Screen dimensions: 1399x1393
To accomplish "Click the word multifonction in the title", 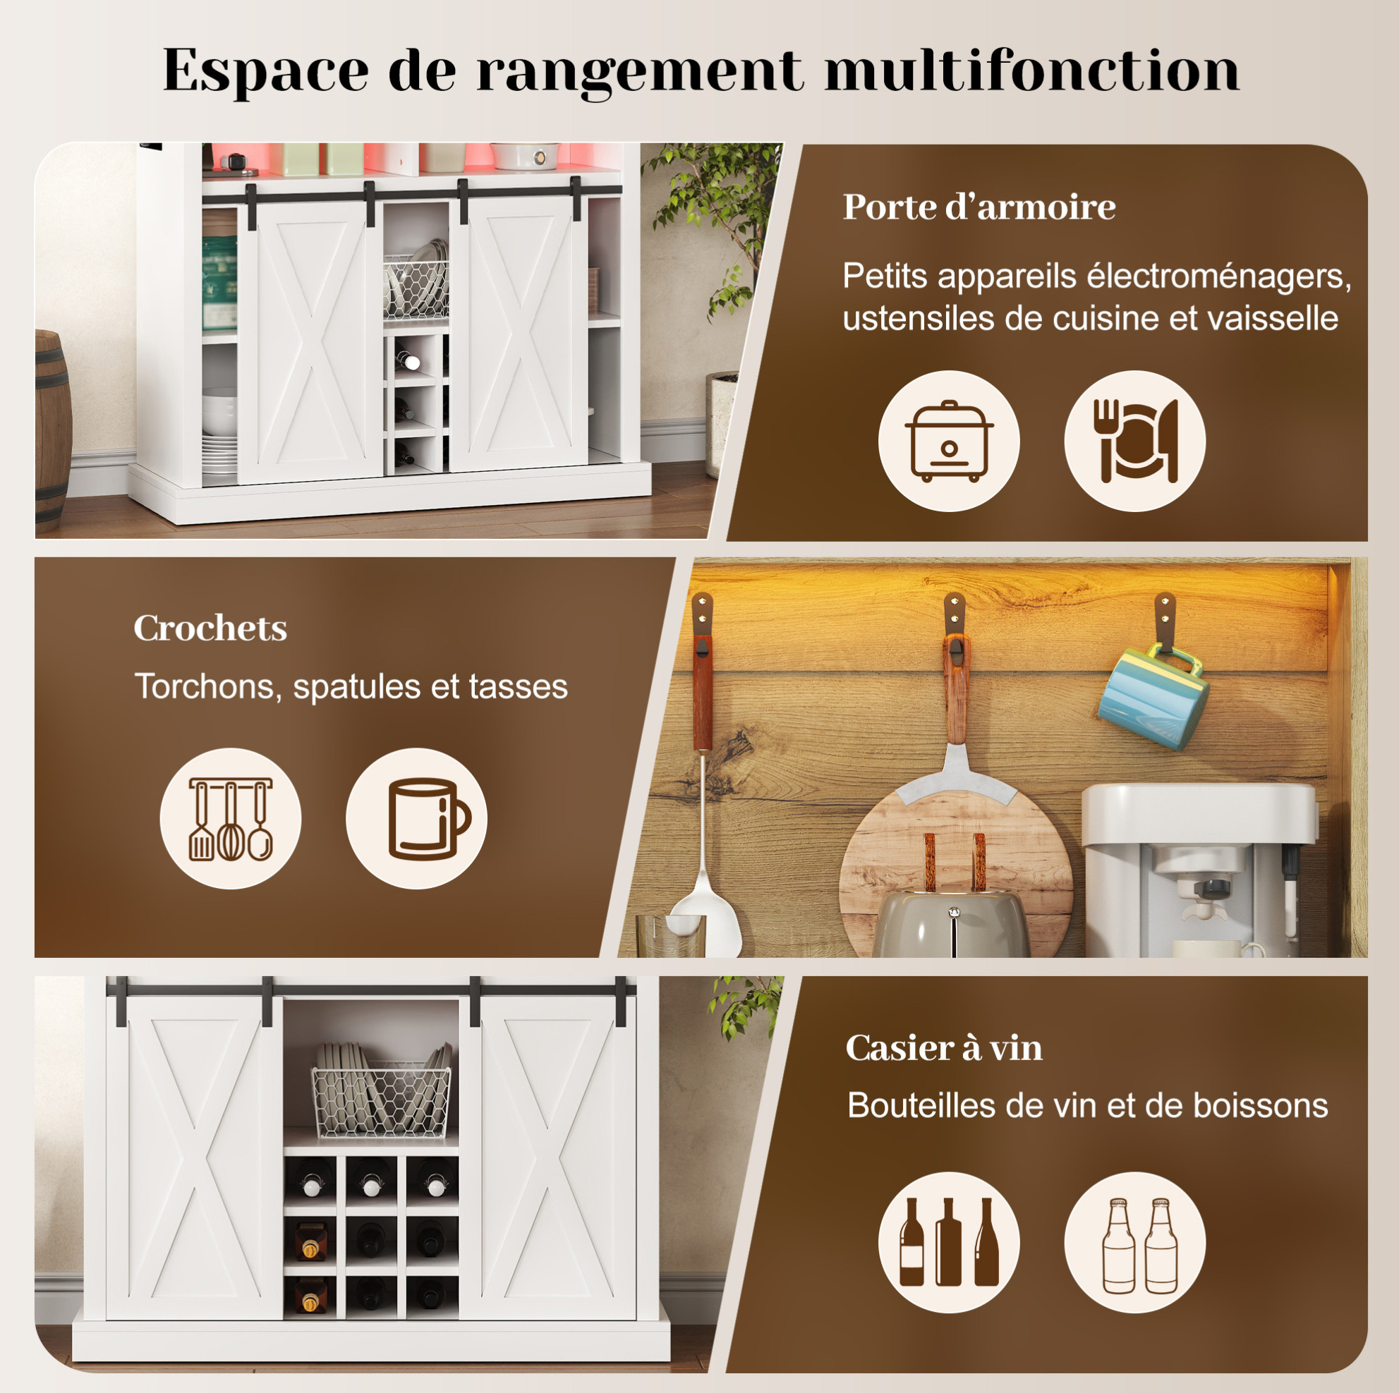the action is [x=1032, y=71].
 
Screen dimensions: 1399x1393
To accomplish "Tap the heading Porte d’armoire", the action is [x=979, y=208].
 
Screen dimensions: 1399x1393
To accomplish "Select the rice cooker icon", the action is [x=949, y=441].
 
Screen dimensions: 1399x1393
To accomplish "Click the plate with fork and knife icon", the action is [x=1134, y=441].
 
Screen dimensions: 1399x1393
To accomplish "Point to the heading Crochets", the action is [x=210, y=628].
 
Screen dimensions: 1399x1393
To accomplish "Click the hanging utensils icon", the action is [x=230, y=819].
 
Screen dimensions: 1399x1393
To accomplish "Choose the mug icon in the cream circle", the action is [x=428, y=819].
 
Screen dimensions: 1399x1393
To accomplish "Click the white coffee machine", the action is [x=1196, y=870].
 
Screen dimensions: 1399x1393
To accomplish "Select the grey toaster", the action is [x=952, y=923].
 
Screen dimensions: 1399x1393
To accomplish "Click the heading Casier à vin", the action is [x=944, y=1048].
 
